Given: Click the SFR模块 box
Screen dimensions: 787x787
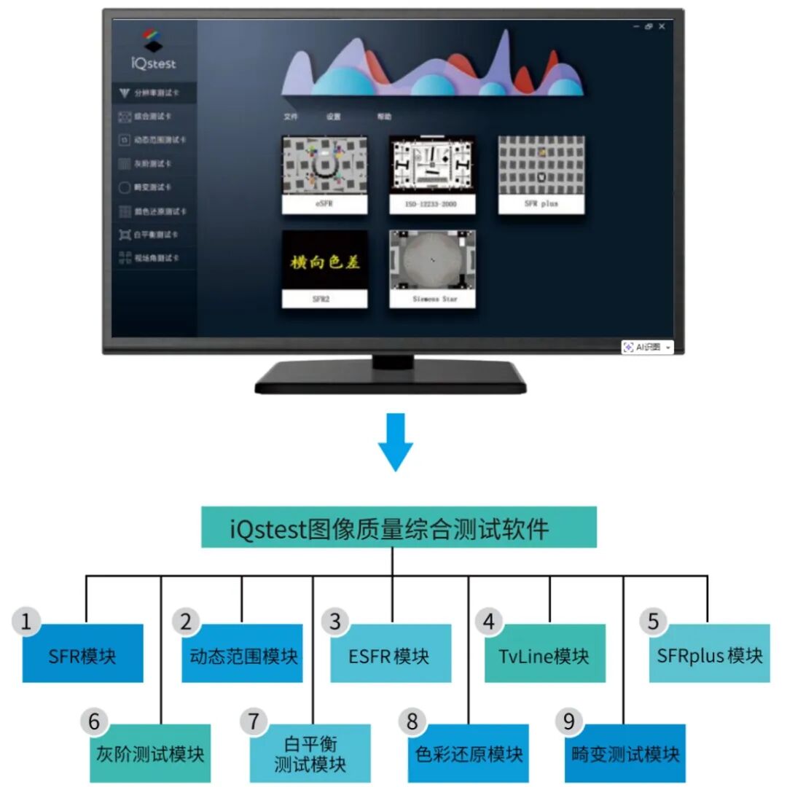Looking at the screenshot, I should tap(82, 654).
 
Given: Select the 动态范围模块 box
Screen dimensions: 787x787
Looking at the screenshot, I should tap(242, 654).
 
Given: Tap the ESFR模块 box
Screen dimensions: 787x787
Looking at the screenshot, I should tap(391, 654).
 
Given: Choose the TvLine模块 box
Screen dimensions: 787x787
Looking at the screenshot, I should tap(544, 654).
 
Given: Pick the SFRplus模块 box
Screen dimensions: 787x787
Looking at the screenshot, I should tap(709, 654).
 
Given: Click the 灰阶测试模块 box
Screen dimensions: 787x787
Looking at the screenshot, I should tap(150, 753).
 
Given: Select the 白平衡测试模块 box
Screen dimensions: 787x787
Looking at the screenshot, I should tap(310, 753).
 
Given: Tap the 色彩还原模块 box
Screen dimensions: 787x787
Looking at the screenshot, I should tap(469, 753).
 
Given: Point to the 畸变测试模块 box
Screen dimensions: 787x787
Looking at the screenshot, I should tap(624, 753).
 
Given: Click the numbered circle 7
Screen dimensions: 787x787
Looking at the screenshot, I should tap(253, 721).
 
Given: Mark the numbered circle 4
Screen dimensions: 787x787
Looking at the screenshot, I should tap(489, 622).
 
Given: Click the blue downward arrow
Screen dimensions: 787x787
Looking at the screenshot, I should tap(394, 442).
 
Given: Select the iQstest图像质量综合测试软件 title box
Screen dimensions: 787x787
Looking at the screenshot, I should tap(399, 527).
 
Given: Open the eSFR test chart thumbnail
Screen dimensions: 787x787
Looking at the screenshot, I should tap(324, 174).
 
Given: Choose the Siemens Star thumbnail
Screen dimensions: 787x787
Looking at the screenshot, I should tap(432, 268).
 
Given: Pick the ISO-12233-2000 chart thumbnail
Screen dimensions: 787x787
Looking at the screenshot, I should tap(432, 174).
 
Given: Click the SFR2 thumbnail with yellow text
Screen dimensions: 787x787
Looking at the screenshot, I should tap(324, 268).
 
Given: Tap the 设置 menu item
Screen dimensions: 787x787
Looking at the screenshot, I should tap(333, 117).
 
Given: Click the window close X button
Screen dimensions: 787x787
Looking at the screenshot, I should tap(662, 26).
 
